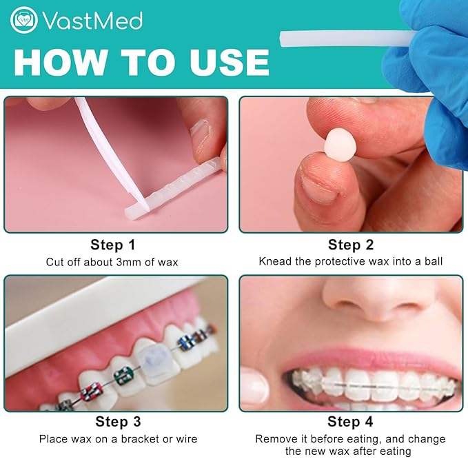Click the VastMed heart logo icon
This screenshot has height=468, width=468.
pos(23,20)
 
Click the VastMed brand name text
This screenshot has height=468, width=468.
pos(92,21)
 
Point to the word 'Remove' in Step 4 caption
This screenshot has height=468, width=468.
pos(274,439)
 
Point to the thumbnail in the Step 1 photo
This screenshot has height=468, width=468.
pos(201,133)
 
